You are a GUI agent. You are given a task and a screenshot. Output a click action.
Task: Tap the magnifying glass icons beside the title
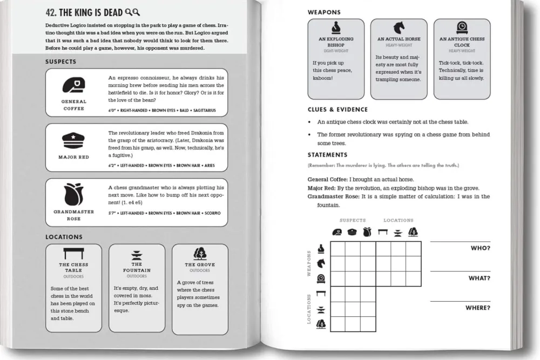(132, 12)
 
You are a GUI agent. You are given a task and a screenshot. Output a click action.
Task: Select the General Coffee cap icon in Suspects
(73, 85)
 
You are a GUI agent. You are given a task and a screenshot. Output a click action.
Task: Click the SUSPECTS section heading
(60, 62)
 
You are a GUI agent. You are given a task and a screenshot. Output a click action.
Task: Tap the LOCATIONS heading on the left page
(64, 237)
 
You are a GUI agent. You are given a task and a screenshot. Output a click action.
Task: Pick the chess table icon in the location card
(73, 253)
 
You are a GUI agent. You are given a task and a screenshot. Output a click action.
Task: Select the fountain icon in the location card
(137, 255)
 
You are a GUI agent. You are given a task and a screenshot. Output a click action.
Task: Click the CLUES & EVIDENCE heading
(337, 110)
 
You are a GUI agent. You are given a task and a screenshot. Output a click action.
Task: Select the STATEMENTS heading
(327, 155)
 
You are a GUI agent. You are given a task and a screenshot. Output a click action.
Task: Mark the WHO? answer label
(480, 248)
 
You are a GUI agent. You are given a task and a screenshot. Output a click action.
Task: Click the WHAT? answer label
(479, 278)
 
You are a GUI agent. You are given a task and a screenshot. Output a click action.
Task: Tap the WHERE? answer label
(478, 308)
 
